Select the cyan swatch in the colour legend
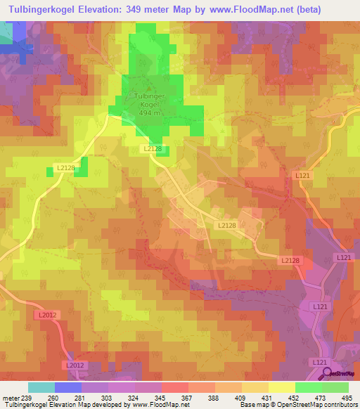41,387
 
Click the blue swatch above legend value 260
68,387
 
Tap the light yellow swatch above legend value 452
282,387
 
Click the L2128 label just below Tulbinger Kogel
153,149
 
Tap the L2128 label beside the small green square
65,167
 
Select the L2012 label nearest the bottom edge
74,365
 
